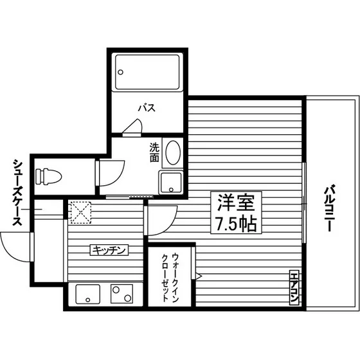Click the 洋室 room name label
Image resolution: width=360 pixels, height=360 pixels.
(236, 203)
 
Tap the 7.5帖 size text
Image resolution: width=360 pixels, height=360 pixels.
(236, 224)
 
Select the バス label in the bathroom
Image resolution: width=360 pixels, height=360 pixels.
(147, 108)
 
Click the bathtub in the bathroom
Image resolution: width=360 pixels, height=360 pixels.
(147, 72)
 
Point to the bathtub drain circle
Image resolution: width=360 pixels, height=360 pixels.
(120, 72)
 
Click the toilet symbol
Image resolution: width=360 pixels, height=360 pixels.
(49, 176)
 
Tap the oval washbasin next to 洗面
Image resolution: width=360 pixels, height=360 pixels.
(173, 152)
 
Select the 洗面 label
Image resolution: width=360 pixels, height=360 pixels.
(154, 152)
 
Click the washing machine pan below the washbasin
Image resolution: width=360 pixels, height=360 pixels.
(171, 183)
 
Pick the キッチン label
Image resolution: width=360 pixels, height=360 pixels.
(109, 250)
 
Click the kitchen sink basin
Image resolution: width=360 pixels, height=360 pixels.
(87, 294)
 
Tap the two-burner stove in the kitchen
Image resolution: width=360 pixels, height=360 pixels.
(122, 294)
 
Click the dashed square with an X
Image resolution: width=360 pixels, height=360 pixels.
(81, 212)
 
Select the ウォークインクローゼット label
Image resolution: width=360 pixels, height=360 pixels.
(170, 277)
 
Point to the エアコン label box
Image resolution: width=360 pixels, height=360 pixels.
(294, 288)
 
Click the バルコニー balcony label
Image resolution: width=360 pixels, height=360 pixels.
(329, 208)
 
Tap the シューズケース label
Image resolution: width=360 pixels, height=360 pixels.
(17, 192)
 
